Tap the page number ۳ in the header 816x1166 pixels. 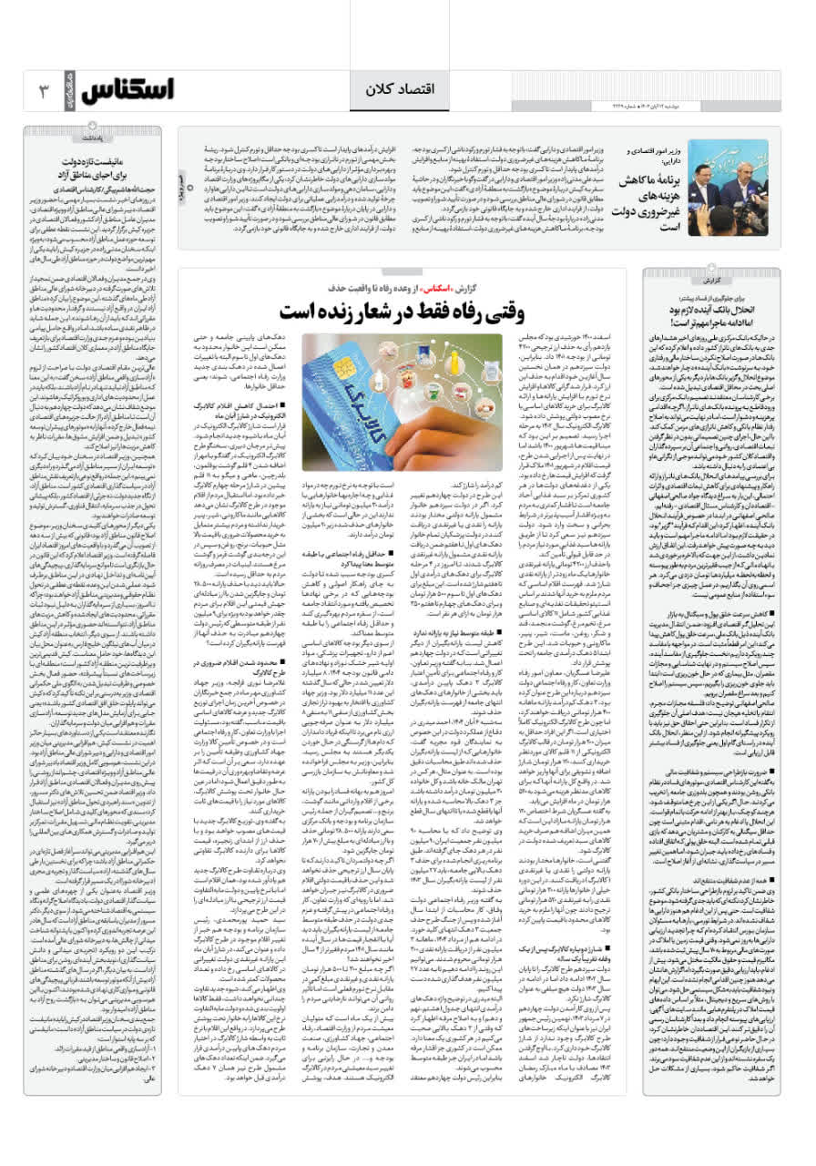pos(44,90)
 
